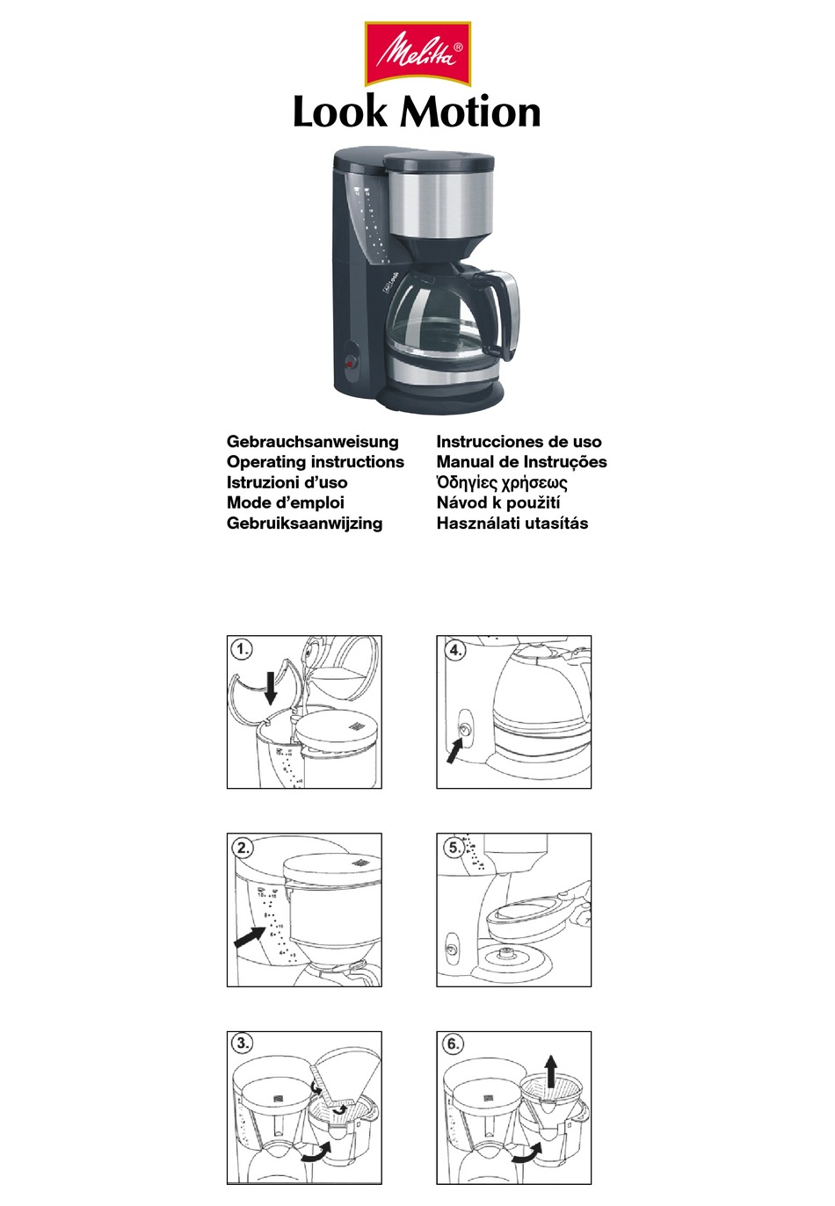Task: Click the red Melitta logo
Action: pyautogui.click(x=417, y=54)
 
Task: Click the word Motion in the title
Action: pyautogui.click(x=471, y=112)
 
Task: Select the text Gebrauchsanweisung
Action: pyautogui.click(x=312, y=442)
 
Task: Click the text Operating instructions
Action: pyautogui.click(x=315, y=462)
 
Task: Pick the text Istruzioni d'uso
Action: pyautogui.click(x=287, y=482)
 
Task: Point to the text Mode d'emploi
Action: pyautogui.click(x=285, y=502)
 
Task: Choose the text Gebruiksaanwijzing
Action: pyautogui.click(x=304, y=524)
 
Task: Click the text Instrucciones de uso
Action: pyautogui.click(x=519, y=442)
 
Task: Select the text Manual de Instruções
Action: pyautogui.click(x=521, y=462)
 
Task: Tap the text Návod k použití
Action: pyautogui.click(x=497, y=502)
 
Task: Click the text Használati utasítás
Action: pyautogui.click(x=512, y=524)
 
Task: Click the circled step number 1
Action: pyautogui.click(x=242, y=650)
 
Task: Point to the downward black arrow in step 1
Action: pyautogui.click(x=271, y=685)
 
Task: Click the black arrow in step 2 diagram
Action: pyautogui.click(x=249, y=937)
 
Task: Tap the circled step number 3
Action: pyautogui.click(x=242, y=1044)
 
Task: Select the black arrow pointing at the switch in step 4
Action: pyautogui.click(x=454, y=750)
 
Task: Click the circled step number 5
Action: pyautogui.click(x=453, y=848)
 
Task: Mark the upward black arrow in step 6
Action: pyautogui.click(x=550, y=1072)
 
